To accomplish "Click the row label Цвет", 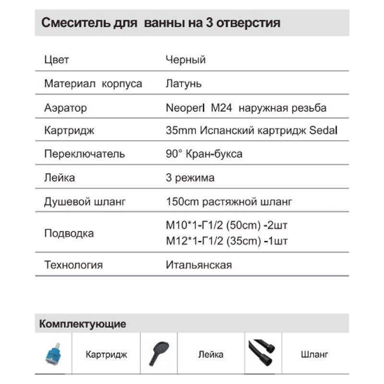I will tap(57, 60).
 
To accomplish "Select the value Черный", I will tap(185, 60).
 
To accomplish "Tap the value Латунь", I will tap(183, 84).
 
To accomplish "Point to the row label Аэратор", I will tap(66, 108).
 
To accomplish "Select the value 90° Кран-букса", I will tap(204, 154).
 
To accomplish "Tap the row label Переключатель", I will tap(84, 154).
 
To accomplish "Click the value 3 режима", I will tap(190, 178).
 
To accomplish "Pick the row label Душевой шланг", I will tap(85, 202).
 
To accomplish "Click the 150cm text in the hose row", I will tap(181, 202).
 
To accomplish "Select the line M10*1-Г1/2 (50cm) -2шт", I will tap(226, 226).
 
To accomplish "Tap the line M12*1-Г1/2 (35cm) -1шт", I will tap(226, 241).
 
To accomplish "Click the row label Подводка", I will tap(69, 233).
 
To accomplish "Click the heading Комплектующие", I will tap(83, 324).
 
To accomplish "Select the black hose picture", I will tap(263, 354).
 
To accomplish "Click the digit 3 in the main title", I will tap(212, 23).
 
